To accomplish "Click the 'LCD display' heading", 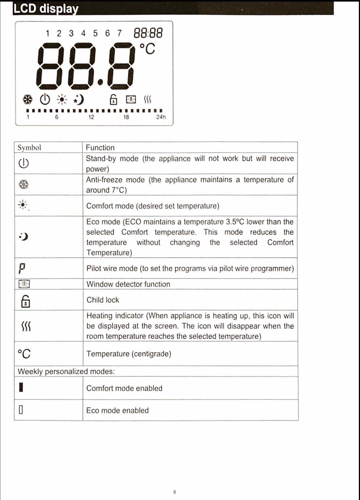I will click(46, 8).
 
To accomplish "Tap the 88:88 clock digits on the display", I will click(148, 33).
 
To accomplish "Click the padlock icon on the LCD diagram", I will click(113, 100).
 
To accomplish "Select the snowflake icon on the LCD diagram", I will click(27, 99).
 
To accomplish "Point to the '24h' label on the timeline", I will click(161, 117).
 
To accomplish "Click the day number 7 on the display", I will click(119, 33).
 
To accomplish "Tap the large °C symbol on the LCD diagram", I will click(147, 49).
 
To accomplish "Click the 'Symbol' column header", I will click(29, 148).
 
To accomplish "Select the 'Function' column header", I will click(100, 148).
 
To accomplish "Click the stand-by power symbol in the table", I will click(24, 163).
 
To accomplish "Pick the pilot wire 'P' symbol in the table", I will click(22, 268).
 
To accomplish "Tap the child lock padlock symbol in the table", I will click(25, 301).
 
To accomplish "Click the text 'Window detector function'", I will click(128, 284).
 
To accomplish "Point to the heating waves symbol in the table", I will click(25, 326).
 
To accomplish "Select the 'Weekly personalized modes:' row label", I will click(66, 371).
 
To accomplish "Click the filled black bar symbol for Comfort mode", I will click(21, 387).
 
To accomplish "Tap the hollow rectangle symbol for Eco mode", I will click(21, 410).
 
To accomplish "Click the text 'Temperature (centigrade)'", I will click(129, 354).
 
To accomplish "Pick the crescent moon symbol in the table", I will click(24, 237).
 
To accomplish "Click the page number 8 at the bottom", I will click(175, 492).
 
